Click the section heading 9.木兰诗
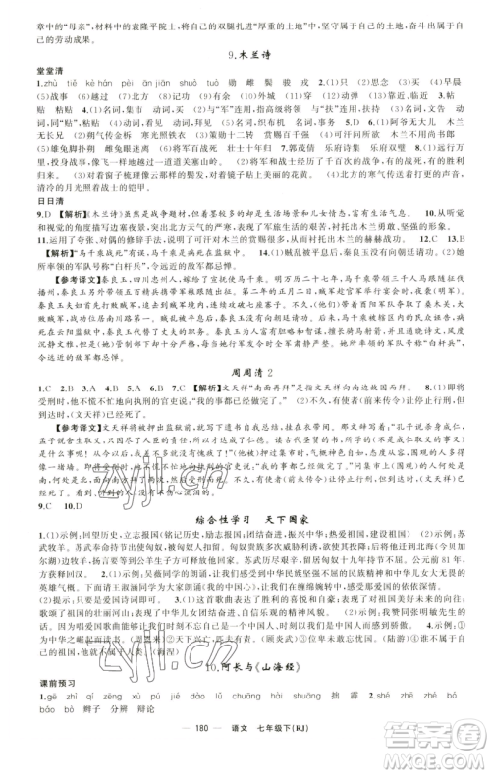pos(245,64)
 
